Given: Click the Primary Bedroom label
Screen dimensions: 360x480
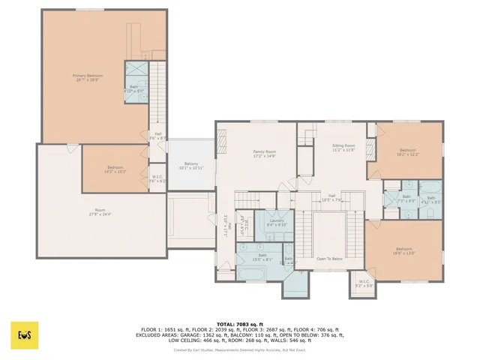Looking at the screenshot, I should [x=88, y=78].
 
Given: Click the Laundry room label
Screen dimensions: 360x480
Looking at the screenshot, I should [x=277, y=222].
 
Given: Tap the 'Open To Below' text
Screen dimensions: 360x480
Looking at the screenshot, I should [x=330, y=259].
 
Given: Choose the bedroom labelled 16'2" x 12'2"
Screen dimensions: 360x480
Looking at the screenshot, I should [x=408, y=151].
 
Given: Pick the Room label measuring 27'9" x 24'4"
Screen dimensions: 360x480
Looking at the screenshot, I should [x=100, y=211].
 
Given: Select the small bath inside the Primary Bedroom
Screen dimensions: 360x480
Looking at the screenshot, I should [x=135, y=88].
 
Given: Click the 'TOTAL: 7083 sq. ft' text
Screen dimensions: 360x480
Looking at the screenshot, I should [x=239, y=324].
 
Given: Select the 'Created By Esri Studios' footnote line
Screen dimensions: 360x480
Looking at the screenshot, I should [x=239, y=349].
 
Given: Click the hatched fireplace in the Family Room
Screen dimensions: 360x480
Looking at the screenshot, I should [x=220, y=140].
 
